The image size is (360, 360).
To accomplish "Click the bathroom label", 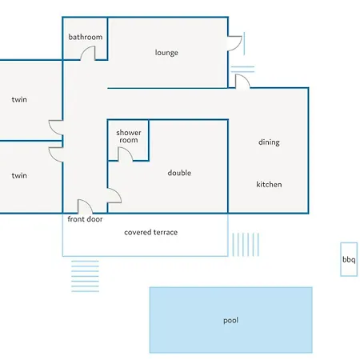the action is pos(86,37).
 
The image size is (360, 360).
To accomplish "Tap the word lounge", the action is pos(166,53).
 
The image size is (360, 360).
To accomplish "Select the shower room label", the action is pos(129,136).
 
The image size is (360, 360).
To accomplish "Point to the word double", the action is pos(179,173).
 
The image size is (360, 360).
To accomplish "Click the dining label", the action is pos(269,142).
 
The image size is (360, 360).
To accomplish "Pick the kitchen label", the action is pos(269,184).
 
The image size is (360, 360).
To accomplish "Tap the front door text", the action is pos(85,219).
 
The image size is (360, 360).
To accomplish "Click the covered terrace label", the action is pos(150,232).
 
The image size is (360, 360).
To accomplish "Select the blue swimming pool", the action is pos(230,320).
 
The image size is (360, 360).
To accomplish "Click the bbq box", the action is pos(349,259).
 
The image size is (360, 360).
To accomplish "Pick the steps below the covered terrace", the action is pos(85,276).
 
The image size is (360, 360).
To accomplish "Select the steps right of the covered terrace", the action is pos(246,245).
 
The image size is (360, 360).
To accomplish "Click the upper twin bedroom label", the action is pos(19,99).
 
